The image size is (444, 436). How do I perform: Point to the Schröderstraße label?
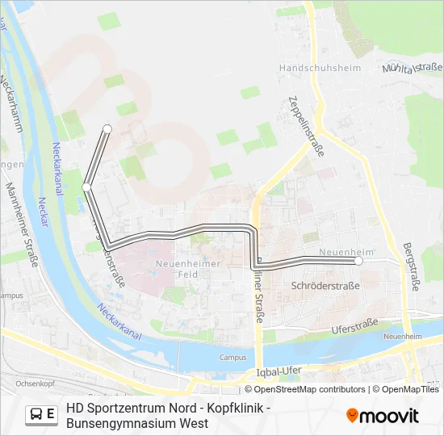pos(325,286)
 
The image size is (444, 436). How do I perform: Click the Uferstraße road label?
pos(355,328)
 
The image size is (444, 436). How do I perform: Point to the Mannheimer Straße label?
pos(23,225)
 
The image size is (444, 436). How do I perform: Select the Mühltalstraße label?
pos(414,67)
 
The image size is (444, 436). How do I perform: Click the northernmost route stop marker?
pos(107,128)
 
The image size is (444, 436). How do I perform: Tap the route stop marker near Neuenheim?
pos(358,261)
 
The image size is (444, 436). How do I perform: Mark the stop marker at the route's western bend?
pos(86,187)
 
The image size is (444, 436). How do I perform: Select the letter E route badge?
pos(51,415)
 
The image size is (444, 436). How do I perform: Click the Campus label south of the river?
pos(232,357)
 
